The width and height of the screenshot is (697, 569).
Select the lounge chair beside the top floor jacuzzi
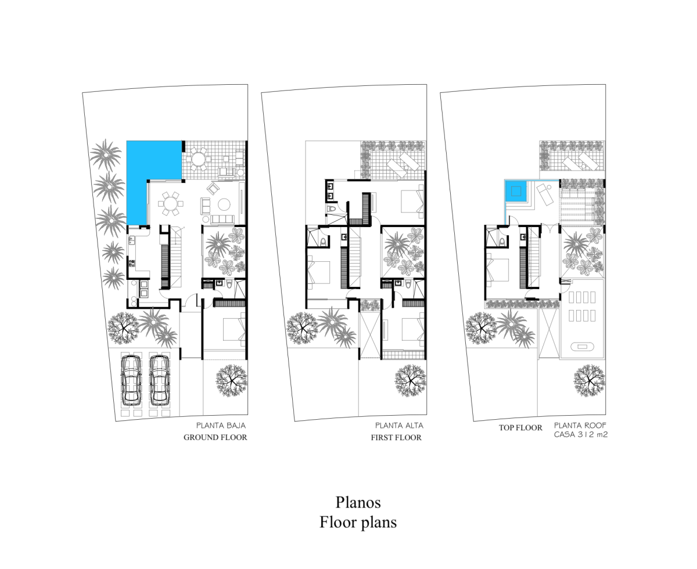pyautogui.click(x=544, y=192)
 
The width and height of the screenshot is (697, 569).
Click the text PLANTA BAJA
pyautogui.click(x=221, y=426)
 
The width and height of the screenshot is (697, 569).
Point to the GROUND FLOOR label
pyautogui.click(x=215, y=438)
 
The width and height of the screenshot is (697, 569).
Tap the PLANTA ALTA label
pyautogui.click(x=399, y=426)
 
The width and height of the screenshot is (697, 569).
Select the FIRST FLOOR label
pyautogui.click(x=396, y=438)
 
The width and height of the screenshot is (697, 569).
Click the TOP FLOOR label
pyautogui.click(x=520, y=428)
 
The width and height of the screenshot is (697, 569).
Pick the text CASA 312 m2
pyautogui.click(x=580, y=434)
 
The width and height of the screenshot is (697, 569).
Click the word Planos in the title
pyautogui.click(x=358, y=502)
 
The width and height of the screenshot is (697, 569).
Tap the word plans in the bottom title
pyautogui.click(x=377, y=522)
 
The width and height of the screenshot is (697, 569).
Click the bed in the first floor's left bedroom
pyautogui.click(x=319, y=272)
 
